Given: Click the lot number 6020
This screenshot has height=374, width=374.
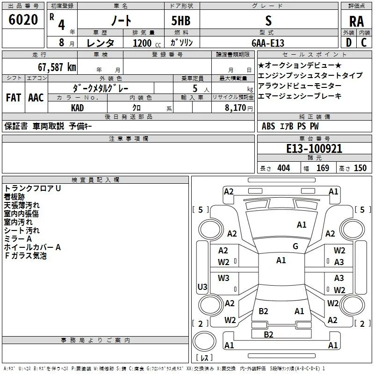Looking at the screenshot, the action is coord(23,20).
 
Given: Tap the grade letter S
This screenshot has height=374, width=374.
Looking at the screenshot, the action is coord(268,21).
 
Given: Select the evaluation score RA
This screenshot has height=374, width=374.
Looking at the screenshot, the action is coord(356,22).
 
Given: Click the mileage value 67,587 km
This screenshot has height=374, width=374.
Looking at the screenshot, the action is coord(57,67).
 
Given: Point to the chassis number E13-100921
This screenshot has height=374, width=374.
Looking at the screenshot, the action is coord(314,149).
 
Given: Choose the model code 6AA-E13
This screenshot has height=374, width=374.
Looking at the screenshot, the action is coord(268,43).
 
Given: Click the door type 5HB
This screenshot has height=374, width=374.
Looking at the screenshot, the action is coord(181,21).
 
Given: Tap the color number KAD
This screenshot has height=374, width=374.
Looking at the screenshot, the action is coord(77,108).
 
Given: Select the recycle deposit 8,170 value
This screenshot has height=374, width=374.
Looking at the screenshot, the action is coord(235,108).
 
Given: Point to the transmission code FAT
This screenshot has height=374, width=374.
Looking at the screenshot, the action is coord(14,98).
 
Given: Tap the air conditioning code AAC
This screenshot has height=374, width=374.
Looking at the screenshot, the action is coord(36,98).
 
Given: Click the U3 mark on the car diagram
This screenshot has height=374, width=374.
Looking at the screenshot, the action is coord(202,287).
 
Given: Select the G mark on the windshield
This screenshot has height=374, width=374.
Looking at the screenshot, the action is coord(295,246).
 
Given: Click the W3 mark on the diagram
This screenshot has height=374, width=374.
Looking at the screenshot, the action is coord(223,278).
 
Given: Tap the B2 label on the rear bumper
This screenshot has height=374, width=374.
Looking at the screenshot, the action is coord(268,334).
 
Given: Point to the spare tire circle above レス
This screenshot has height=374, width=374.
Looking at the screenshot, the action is coord(204,341).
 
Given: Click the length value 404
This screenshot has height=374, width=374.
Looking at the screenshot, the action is coord(284,168).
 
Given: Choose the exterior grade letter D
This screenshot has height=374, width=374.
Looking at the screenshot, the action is coord(348,43).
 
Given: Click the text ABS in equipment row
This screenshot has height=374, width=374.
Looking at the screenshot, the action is coord(268,126).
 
